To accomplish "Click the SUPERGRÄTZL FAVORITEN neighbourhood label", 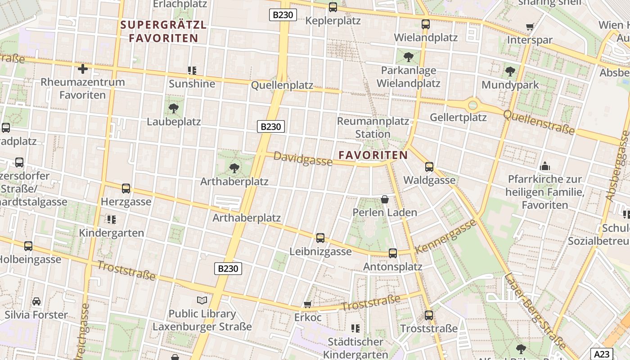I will coord(164,31).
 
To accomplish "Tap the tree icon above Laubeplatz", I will coord(173,108).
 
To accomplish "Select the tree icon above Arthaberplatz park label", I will coord(234,168).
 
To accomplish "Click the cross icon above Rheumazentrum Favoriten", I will coord(83,69).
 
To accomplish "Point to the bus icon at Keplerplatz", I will coord(333,7).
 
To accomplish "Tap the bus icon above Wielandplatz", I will coord(426,24).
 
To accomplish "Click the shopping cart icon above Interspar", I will coord(530,27).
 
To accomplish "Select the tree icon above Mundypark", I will coord(510,72).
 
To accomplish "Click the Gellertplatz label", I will coord(458,117).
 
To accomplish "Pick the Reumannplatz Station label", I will coord(373,127).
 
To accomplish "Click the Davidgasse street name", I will coord(302,158).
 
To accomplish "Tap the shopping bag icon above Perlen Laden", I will coord(385,199).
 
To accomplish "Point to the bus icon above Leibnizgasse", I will coord(320,238).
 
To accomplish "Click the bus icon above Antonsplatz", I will coord(393,253).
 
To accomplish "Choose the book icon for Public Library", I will coord(202,300).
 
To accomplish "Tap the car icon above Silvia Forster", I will coord(36,301).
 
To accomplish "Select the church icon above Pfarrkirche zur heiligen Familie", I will coord(545,166).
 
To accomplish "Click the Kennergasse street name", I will coord(445,236).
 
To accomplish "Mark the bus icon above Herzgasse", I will coord(126,189).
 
